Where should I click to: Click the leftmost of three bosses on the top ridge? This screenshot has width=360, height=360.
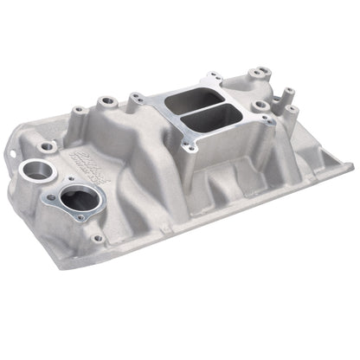click(x=78, y=110)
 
